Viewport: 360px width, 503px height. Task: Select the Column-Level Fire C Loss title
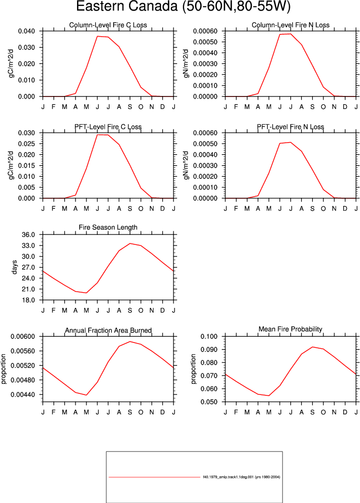pyautogui.click(x=108, y=25)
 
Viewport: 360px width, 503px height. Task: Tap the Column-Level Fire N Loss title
pyautogui.click(x=290, y=25)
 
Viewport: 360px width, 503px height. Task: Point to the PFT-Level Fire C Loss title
pyautogui.click(x=108, y=127)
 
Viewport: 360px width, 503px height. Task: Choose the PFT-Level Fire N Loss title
pyautogui.click(x=290, y=127)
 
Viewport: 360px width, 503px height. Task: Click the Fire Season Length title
pyautogui.click(x=108, y=228)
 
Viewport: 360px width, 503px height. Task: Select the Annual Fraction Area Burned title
pyautogui.click(x=108, y=330)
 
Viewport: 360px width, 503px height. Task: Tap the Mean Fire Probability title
pyautogui.click(x=290, y=329)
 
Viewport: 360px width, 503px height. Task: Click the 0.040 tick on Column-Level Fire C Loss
pyautogui.click(x=26, y=31)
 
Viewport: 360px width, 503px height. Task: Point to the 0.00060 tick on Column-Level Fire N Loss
pyautogui.click(x=205, y=31)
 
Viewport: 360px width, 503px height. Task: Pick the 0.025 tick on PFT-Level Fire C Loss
pyautogui.click(x=26, y=144)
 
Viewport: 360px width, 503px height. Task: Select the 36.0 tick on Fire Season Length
pyautogui.click(x=28, y=234)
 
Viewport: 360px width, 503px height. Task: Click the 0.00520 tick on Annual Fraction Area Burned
pyautogui.click(x=23, y=366)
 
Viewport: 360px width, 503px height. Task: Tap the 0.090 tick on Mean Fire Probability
pyautogui.click(x=209, y=349)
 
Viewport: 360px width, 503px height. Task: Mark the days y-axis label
pyautogui.click(x=14, y=267)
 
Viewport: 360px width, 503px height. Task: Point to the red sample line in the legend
pyautogui.click(x=154, y=477)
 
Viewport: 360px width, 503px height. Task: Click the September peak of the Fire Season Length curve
pyautogui.click(x=130, y=243)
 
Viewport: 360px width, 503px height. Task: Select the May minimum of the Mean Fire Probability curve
pyautogui.click(x=269, y=395)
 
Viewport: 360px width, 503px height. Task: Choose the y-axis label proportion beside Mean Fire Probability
pyautogui.click(x=193, y=369)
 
